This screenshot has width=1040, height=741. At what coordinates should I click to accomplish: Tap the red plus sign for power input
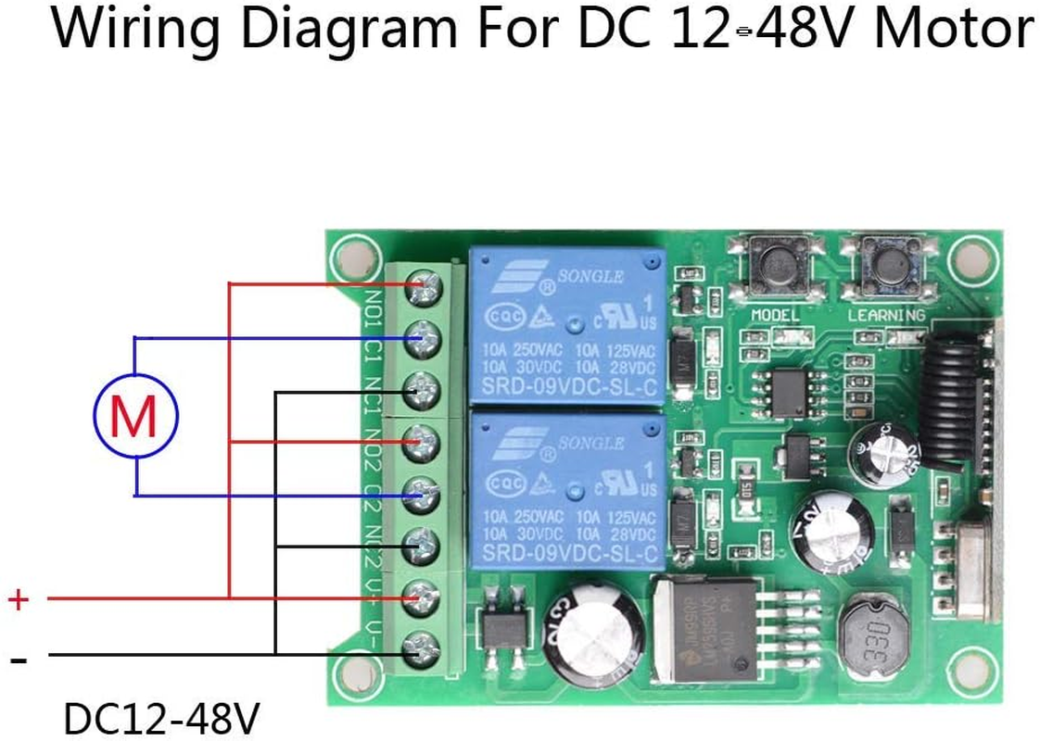tap(18, 599)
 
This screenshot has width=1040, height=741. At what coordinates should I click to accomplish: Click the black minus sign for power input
tap(18, 659)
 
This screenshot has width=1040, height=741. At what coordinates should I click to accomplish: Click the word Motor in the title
tap(954, 30)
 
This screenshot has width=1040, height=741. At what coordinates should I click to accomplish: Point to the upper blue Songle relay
tap(567, 323)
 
